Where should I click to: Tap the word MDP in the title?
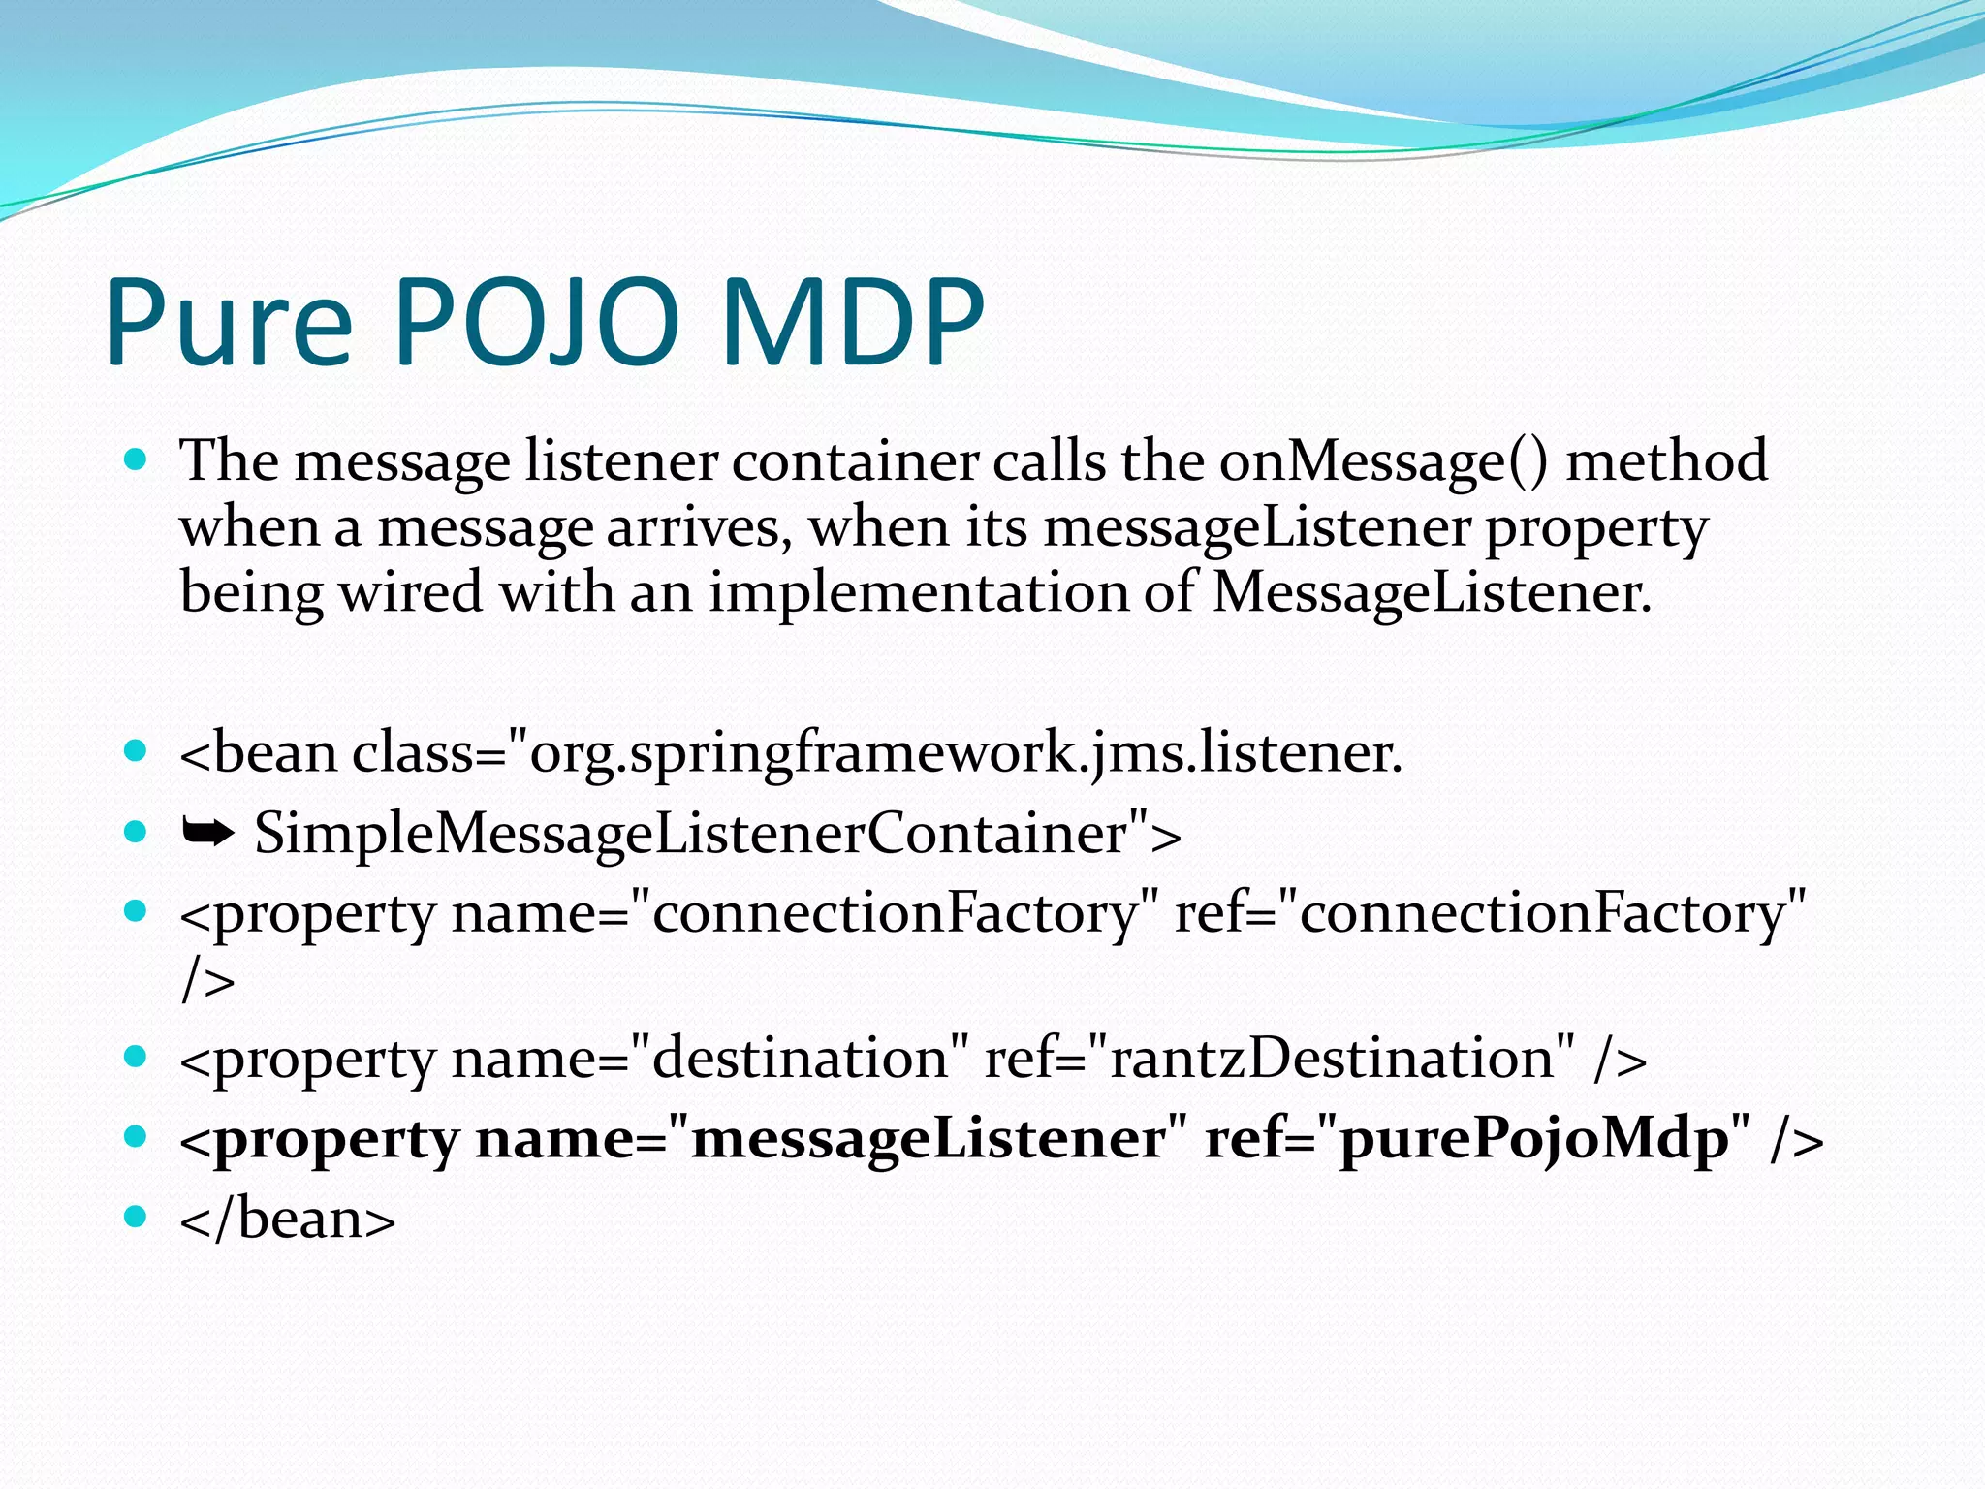tap(853, 323)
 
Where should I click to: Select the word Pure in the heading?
tap(229, 323)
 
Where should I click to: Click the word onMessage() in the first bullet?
tap(1383, 461)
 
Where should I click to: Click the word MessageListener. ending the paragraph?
tap(1432, 592)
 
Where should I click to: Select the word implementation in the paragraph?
tap(918, 592)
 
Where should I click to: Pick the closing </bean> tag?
tap(288, 1220)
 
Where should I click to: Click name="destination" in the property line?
tap(709, 1059)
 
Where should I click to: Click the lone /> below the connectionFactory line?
tap(207, 981)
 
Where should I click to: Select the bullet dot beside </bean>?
tap(136, 1216)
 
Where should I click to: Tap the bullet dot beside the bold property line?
tap(136, 1135)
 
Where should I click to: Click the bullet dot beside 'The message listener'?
tap(136, 459)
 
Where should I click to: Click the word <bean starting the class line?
tap(259, 753)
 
